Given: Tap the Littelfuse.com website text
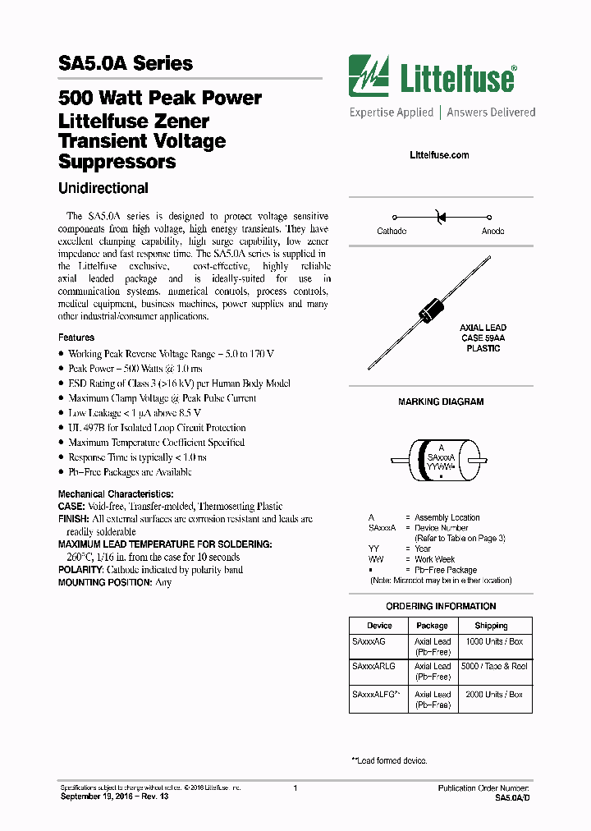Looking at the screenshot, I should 439,155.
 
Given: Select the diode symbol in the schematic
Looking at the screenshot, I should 440,217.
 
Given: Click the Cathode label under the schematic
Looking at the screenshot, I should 392,232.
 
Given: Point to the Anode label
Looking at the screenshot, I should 492,232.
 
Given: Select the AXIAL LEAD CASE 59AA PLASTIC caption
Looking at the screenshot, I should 483,337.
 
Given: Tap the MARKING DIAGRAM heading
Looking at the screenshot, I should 441,402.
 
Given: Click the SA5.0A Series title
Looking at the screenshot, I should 126,63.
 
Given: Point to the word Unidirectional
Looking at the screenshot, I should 103,188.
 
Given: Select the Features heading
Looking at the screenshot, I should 76,337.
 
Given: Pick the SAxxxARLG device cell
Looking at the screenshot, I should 373,667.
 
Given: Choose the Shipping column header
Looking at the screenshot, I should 491,626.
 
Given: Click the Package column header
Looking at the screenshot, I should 432,626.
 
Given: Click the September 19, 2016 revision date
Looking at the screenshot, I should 114,797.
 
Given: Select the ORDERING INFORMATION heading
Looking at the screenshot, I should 441,606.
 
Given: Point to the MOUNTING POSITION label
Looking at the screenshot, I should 103,582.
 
